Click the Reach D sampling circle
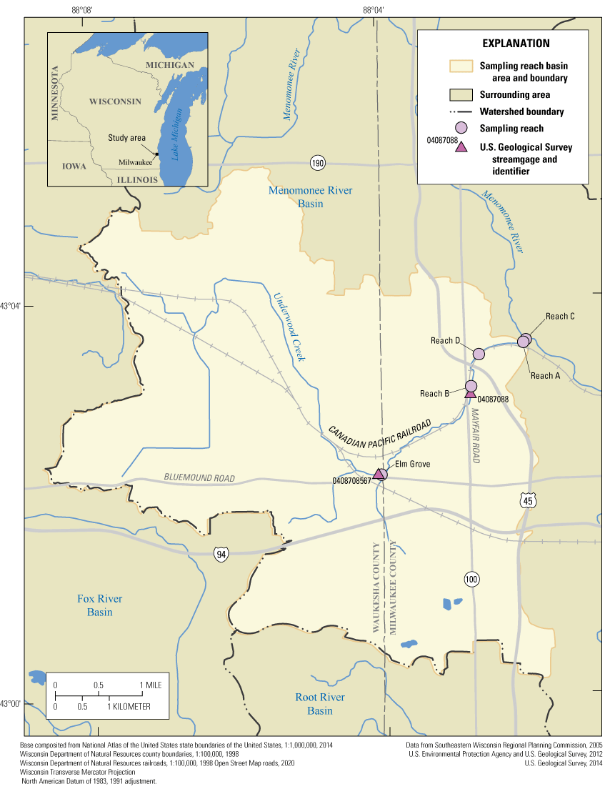pos(479,354)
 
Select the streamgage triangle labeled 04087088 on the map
pos(470,393)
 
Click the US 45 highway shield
pos(527,502)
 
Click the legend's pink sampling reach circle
pos(461,129)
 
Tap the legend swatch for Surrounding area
pos(461,94)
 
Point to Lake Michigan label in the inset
pos(179,134)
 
